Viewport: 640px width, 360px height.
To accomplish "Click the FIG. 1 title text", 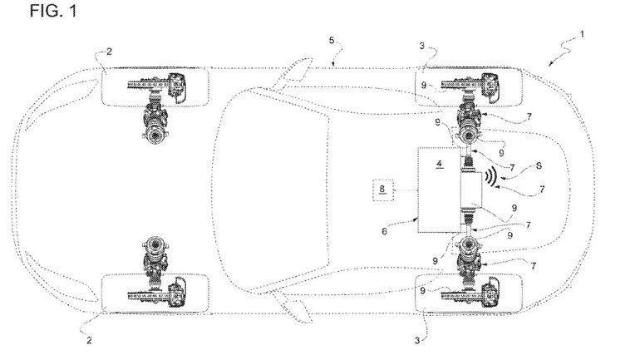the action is [53, 11].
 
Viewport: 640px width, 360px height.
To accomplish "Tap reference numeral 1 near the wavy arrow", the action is [582, 34].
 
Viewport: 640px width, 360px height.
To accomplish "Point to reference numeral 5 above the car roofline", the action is [332, 41].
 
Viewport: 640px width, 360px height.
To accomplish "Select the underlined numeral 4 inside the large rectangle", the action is [439, 164].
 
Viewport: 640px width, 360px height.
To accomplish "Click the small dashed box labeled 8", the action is [382, 190].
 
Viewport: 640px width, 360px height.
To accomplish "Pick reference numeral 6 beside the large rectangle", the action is [384, 231].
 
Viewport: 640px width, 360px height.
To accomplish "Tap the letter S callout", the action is [539, 165].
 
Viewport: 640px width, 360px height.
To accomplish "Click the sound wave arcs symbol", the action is [490, 176].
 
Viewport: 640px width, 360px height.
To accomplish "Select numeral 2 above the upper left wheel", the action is [109, 52].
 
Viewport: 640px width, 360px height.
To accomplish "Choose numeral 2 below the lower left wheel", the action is [90, 340].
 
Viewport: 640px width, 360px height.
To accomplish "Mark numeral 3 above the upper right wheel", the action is [422, 46].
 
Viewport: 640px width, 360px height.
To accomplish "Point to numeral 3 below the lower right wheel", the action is [417, 340].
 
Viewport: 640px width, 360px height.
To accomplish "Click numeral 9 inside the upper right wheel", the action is [424, 86].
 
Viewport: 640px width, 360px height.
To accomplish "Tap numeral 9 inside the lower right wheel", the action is [423, 291].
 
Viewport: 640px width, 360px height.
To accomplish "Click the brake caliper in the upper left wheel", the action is [177, 86].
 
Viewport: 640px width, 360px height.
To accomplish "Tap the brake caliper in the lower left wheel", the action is [177, 293].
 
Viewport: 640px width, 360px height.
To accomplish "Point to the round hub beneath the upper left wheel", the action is [155, 134].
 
